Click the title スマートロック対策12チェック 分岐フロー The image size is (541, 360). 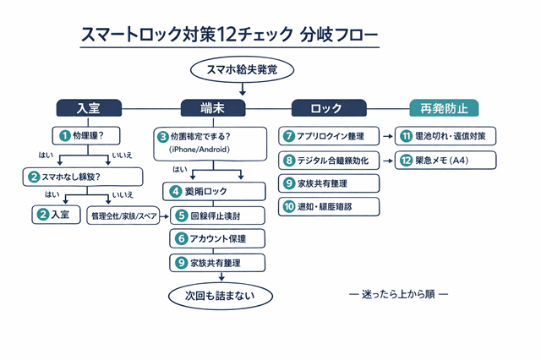(x=229, y=35)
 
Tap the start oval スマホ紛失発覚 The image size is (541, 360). (x=230, y=70)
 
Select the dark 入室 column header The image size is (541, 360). (x=88, y=107)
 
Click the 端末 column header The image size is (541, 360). (x=213, y=107)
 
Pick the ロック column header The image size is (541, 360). (x=328, y=107)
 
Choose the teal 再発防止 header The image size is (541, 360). (x=444, y=107)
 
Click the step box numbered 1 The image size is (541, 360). (x=89, y=135)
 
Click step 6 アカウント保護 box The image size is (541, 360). (x=218, y=238)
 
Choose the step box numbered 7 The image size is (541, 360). (x=329, y=135)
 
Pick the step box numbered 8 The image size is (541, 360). (x=329, y=160)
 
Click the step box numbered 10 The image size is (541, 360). (x=329, y=206)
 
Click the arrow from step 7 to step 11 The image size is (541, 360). (x=387, y=135)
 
